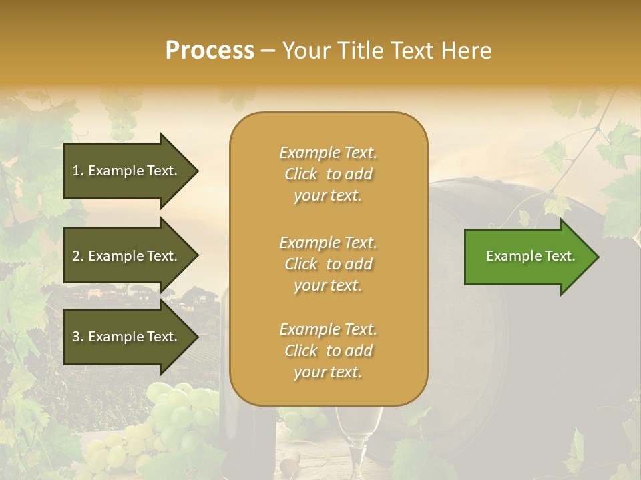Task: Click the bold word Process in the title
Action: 210,51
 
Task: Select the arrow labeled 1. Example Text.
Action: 125,171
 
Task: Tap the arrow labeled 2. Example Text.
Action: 125,256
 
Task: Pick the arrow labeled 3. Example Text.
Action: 125,337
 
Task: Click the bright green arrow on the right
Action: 527,257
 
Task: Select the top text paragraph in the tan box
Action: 328,174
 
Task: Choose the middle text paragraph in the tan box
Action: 328,264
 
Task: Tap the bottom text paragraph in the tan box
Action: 328,351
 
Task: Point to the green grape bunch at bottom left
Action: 167,420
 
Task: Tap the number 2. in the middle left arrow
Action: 78,256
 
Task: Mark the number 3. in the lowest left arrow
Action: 78,337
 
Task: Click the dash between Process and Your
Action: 268,51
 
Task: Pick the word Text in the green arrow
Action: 560,256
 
